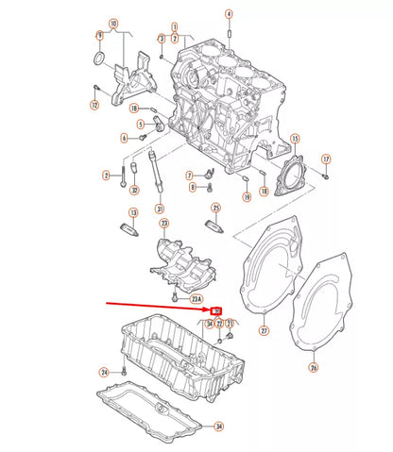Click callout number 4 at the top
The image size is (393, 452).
click(x=229, y=14)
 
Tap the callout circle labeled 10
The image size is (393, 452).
click(x=114, y=23)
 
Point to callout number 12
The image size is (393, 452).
click(x=94, y=105)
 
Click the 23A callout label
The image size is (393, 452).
click(x=196, y=300)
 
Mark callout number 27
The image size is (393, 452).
click(x=265, y=331)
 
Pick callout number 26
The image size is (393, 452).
click(x=315, y=368)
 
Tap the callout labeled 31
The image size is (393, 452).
click(x=160, y=209)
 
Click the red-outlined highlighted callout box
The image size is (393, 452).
click(x=217, y=310)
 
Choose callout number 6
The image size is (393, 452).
click(x=124, y=138)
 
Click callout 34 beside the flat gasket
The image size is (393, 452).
click(x=219, y=427)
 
